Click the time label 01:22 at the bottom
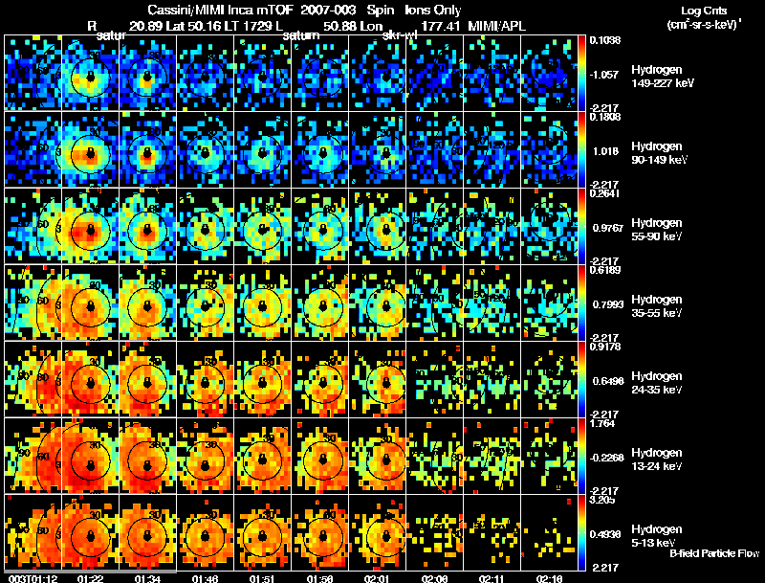(91, 577)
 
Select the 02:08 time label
(434, 577)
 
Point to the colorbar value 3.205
(608, 500)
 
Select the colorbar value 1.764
(608, 423)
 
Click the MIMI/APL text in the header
(497, 25)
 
